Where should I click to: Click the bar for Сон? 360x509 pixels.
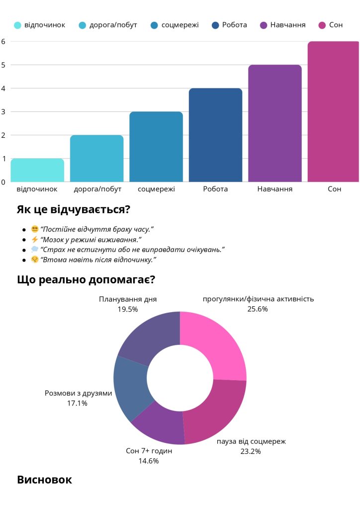click(x=333, y=112)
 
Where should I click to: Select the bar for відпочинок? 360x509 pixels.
click(x=37, y=170)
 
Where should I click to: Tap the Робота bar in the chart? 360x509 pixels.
click(x=215, y=135)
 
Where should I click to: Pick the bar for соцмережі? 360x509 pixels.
click(x=156, y=147)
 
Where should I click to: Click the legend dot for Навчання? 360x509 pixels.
click(x=263, y=25)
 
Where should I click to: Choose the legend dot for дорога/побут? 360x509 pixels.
click(x=82, y=25)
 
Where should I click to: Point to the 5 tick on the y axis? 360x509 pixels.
click(x=3, y=65)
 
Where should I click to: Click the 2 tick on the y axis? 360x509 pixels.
click(x=3, y=135)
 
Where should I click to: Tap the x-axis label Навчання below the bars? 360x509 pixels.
click(x=275, y=189)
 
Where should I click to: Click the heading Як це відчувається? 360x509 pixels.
click(x=73, y=209)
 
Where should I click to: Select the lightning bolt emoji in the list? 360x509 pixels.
click(x=34, y=239)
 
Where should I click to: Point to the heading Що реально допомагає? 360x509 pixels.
click(x=86, y=279)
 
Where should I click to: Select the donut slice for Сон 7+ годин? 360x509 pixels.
click(x=156, y=426)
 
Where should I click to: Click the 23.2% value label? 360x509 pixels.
click(x=251, y=451)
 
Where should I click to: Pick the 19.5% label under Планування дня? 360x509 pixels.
click(x=128, y=309)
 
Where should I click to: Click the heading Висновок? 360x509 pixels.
click(x=44, y=480)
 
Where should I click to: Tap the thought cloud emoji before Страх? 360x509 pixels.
click(x=34, y=249)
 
